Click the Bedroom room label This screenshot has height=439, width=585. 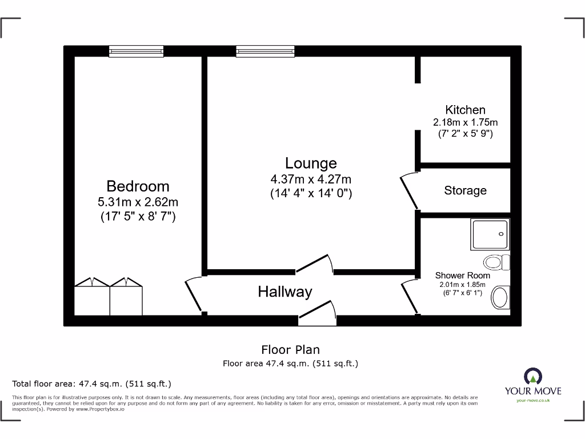[138, 186]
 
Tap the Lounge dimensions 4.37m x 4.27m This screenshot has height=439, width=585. [311, 179]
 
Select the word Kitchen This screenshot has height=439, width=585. [465, 110]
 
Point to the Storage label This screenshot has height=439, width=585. [465, 190]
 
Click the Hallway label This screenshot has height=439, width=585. [285, 292]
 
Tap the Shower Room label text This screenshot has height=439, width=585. [462, 276]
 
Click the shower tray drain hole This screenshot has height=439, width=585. [501, 234]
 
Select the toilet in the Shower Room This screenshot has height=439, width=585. [496, 263]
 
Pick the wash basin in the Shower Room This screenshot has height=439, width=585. [500, 297]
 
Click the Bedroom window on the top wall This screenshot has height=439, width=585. [137, 51]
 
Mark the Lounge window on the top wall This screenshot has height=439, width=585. [265, 51]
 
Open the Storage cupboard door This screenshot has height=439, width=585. [409, 191]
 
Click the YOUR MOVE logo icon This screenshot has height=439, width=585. [532, 376]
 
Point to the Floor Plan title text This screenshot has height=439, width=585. [290, 350]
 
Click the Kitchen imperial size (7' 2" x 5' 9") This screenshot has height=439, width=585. [465, 134]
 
